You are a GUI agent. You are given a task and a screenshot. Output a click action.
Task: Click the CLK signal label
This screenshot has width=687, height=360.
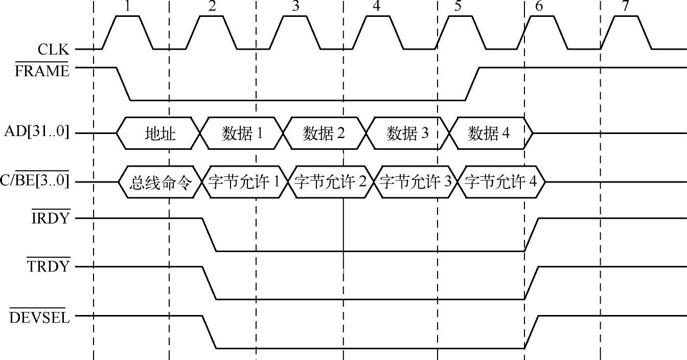53,50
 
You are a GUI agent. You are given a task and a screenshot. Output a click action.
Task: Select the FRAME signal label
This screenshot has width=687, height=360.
42,71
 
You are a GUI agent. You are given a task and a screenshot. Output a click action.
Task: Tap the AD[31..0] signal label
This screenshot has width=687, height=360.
36,133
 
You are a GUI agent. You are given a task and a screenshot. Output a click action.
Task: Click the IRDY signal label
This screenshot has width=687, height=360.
51,218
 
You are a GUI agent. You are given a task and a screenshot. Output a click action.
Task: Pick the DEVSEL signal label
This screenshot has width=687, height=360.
40,318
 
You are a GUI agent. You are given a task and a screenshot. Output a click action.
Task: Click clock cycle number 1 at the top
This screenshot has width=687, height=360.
127,7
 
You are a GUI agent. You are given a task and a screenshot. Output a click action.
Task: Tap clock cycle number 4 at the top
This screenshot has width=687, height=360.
376,7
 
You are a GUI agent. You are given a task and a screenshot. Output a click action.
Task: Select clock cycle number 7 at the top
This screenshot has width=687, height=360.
625,7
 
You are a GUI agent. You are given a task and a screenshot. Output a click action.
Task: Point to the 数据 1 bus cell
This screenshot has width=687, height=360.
242,134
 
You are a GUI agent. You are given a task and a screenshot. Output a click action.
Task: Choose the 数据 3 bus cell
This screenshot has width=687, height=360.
407,134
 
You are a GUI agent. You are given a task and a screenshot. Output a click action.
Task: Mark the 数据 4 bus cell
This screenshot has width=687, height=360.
489,134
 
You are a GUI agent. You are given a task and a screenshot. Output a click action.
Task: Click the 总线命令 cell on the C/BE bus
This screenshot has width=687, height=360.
159,182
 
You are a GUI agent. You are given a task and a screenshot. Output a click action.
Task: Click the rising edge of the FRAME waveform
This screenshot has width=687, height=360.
472,83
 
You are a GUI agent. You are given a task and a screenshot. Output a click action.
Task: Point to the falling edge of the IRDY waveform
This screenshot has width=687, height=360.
210,235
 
